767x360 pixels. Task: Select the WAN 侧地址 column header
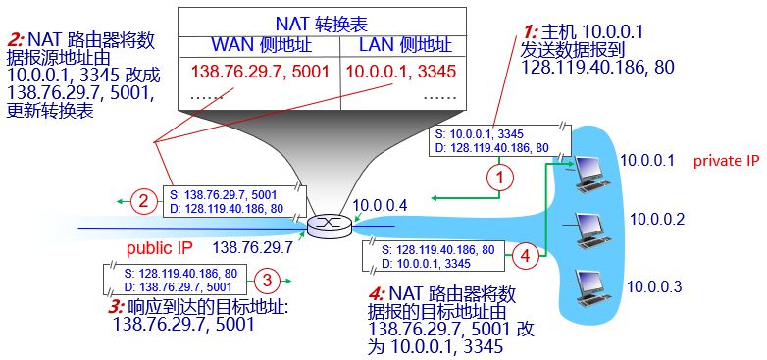pyautogui.click(x=260, y=45)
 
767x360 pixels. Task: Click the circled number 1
pyautogui.click(x=500, y=179)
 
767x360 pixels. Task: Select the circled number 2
pyautogui.click(x=143, y=203)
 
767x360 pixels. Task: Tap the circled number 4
pyautogui.click(x=527, y=257)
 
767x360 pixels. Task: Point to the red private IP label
pyautogui.click(x=727, y=161)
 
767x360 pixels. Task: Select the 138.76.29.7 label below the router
pyautogui.click(x=252, y=248)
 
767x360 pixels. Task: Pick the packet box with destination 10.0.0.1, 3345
pyautogui.click(x=434, y=257)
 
